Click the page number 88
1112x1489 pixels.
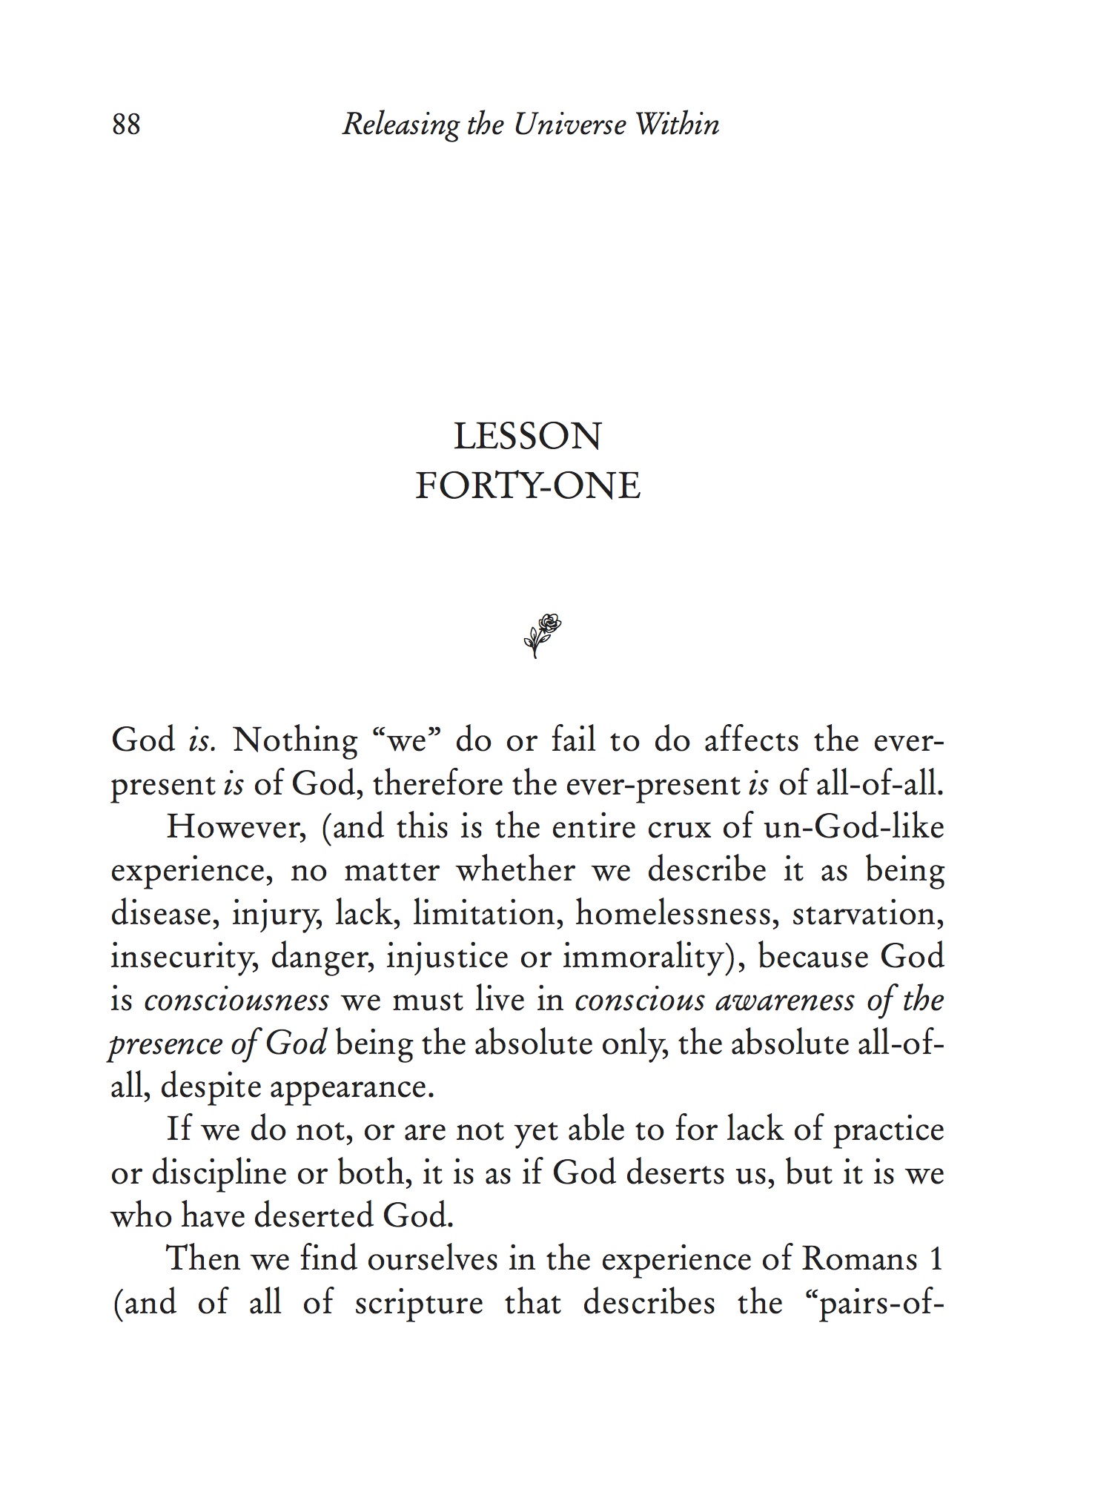(x=126, y=125)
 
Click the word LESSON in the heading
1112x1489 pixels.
(x=527, y=437)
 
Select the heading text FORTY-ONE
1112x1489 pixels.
(x=527, y=486)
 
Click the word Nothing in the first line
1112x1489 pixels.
(x=295, y=740)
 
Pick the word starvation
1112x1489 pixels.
(x=868, y=914)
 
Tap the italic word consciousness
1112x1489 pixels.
(x=236, y=1001)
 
